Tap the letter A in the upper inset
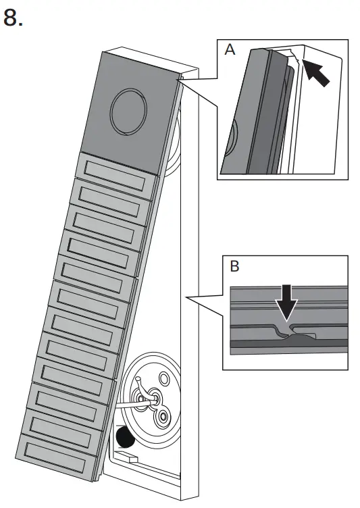[x=230, y=51]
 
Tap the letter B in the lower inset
[x=234, y=267]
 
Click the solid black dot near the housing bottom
[x=124, y=440]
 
